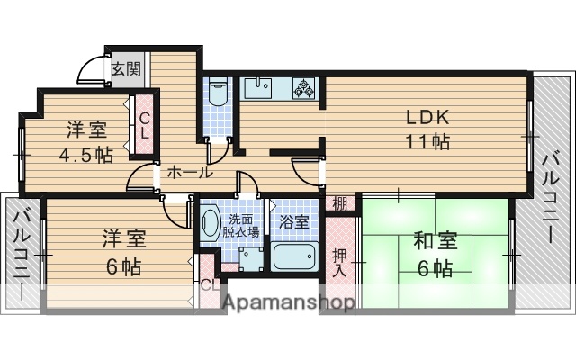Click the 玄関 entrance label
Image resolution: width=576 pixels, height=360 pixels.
(126, 68)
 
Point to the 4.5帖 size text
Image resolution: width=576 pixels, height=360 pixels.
(85, 154)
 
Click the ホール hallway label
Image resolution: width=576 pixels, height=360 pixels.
(189, 172)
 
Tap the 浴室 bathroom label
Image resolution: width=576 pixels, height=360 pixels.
(294, 220)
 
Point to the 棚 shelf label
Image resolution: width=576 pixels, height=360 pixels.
(339, 202)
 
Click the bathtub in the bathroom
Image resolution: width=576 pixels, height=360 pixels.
(293, 257)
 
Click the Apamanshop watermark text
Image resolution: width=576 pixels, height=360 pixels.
(287, 304)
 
